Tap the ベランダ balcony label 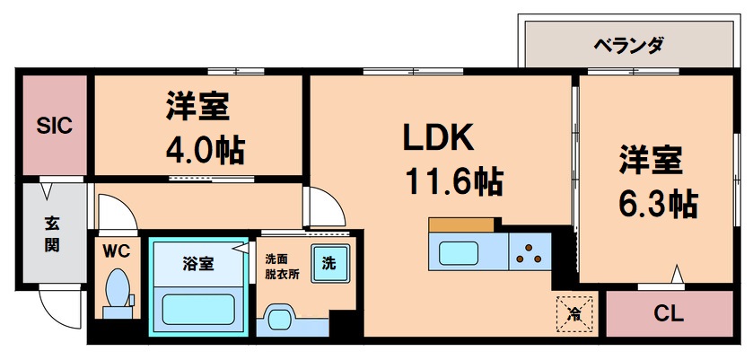[627, 44]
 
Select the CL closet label [670, 314]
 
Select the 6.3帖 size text [657, 203]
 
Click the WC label [117, 251]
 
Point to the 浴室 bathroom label [198, 263]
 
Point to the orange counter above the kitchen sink [461, 224]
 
